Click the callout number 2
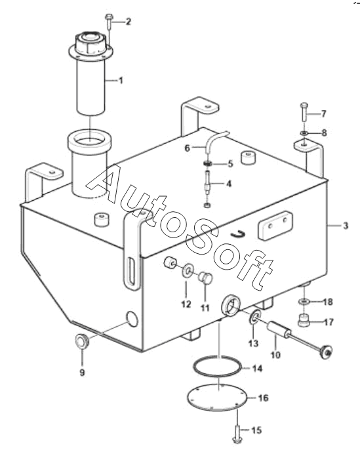128,22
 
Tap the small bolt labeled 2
109,21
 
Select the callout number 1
121,81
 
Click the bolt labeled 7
304,112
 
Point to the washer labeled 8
304,133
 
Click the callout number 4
229,184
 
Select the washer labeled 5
207,163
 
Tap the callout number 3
346,226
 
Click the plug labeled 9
82,341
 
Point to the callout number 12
186,304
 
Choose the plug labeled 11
206,278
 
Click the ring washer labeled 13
254,317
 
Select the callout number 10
275,354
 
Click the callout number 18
328,302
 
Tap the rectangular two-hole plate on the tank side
275,225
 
